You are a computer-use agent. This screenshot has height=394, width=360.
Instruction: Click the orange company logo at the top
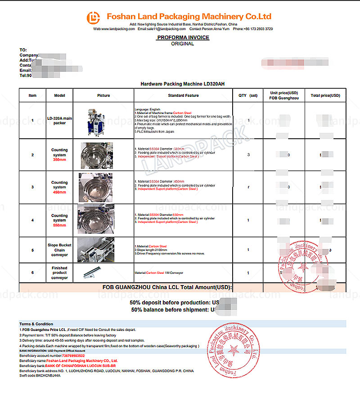tap(94, 17)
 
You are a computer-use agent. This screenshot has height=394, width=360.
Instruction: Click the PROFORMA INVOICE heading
tap(183, 37)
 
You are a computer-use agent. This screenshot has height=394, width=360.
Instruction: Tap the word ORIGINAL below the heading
tap(183, 44)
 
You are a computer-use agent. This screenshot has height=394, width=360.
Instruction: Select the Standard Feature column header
tap(183, 95)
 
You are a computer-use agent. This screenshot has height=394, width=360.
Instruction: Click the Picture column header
tap(103, 95)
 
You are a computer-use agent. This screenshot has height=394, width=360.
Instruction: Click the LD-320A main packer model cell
tap(60, 120)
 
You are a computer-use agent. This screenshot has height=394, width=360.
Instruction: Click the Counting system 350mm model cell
tap(59, 155)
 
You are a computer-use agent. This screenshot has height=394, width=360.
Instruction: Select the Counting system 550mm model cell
tap(59, 220)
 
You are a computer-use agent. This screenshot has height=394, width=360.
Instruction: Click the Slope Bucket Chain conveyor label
tap(59, 250)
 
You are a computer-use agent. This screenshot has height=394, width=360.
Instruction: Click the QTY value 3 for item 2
tap(248, 155)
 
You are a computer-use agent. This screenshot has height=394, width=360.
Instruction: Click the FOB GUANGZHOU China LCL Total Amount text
tap(166, 287)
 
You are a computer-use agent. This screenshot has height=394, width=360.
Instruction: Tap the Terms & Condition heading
tap(36, 324)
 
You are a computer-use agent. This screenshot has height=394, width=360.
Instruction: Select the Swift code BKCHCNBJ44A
tap(49, 376)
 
